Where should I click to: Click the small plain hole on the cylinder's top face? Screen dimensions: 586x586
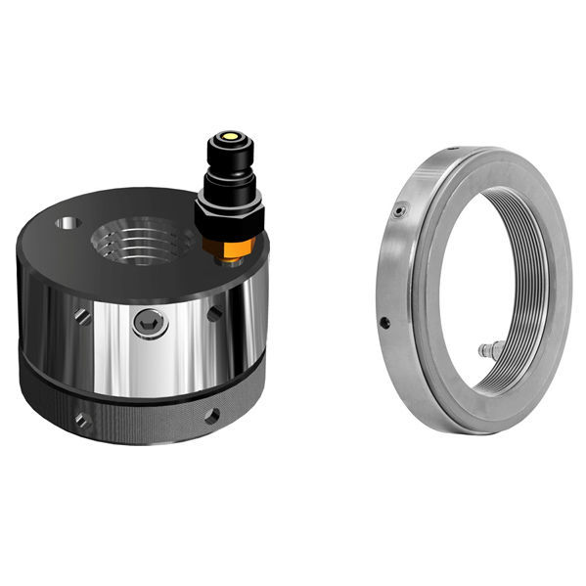(68, 223)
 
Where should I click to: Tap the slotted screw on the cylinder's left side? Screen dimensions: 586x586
(83, 317)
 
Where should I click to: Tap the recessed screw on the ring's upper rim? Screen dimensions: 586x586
(398, 211)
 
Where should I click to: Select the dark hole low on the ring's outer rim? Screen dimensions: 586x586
(384, 323)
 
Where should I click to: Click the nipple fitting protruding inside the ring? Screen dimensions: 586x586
(489, 349)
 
